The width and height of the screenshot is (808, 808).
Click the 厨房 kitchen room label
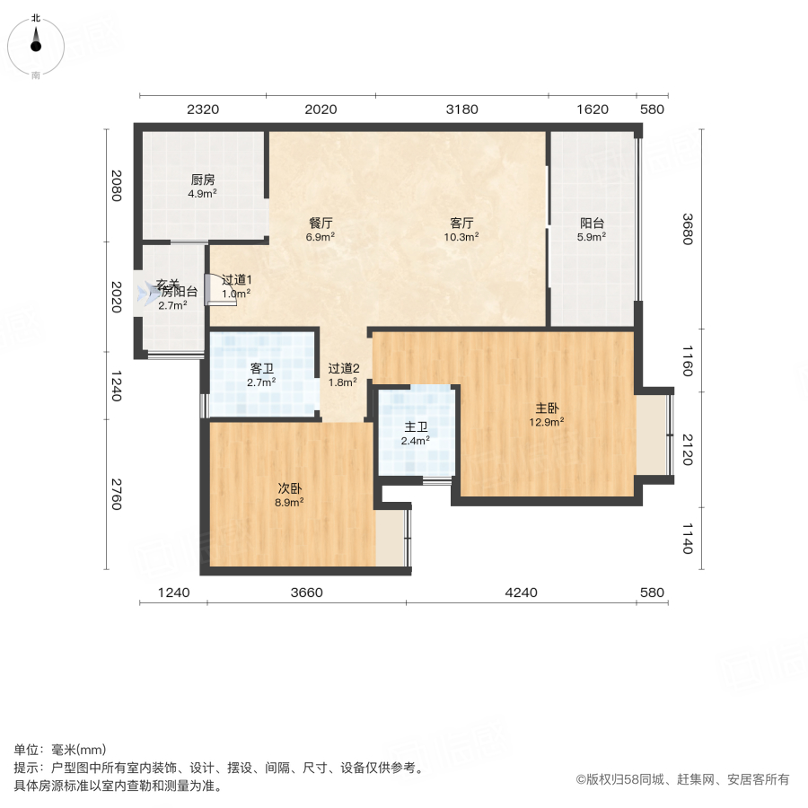tap(202, 179)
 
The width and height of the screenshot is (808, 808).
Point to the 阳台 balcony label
tap(592, 223)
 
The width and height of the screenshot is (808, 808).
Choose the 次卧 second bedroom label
tap(289, 488)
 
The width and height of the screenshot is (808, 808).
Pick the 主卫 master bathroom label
tap(416, 426)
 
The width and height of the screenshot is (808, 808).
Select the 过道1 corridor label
tap(236, 279)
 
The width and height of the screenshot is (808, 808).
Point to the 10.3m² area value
tap(461, 237)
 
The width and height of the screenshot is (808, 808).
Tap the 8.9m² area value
tap(289, 502)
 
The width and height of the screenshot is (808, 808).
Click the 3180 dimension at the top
tap(462, 110)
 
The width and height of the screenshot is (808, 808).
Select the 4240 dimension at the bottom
tap(521, 593)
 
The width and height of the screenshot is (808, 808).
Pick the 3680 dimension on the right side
tap(688, 229)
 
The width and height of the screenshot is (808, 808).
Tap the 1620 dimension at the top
tap(593, 110)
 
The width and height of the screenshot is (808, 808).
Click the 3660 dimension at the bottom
tap(306, 593)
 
